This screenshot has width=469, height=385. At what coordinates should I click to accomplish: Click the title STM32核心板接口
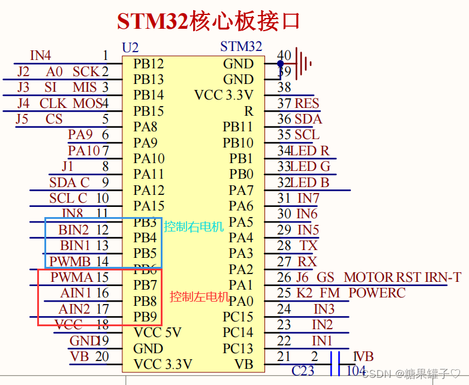pos(208,22)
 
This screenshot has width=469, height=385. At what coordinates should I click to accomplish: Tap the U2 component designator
pos(130,47)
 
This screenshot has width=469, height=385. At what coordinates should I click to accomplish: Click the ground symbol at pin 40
pos(305,63)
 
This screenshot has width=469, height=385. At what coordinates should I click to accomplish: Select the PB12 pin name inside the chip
pos(149,64)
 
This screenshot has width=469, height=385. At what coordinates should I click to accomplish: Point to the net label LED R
pos(310,151)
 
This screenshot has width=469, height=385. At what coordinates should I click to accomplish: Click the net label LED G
pos(310,166)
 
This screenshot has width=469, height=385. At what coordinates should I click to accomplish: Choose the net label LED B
pos(310,182)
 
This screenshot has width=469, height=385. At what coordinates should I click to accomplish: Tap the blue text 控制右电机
pos(194,227)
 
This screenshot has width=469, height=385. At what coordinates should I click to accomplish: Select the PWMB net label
pos(70,261)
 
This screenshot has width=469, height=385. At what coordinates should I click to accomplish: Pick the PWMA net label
pos(71,277)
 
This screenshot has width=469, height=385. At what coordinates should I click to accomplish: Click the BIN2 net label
pos(74,230)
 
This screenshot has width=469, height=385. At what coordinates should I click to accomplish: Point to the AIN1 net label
pos(76,293)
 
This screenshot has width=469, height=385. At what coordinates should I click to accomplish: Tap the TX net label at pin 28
pos(309,245)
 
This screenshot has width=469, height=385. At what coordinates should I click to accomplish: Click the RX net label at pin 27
pos(307,261)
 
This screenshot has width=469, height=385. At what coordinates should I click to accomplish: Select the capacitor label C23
pos(303,371)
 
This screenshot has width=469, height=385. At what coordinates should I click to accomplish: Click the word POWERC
pos(377,293)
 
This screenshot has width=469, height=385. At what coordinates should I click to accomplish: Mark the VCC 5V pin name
pos(157,333)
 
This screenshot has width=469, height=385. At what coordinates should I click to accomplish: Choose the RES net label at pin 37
pos(306,103)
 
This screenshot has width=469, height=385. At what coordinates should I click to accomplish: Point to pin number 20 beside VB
pos(102,356)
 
